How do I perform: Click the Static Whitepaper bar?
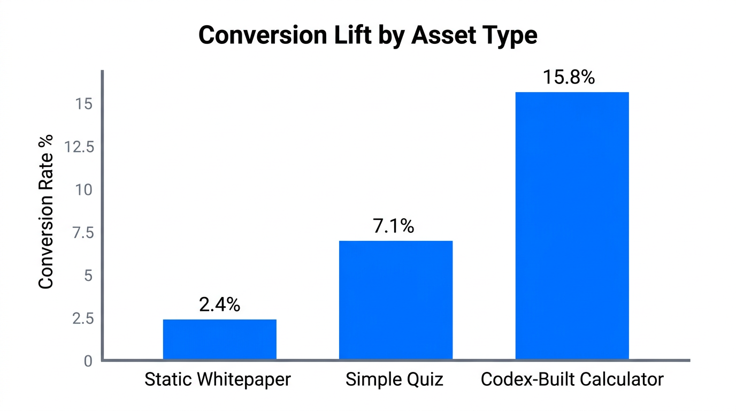[219, 339]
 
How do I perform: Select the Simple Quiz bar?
[396, 300]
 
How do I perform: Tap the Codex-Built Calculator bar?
[572, 226]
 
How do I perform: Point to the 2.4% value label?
[219, 305]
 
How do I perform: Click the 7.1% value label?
[393, 226]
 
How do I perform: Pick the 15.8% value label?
[569, 78]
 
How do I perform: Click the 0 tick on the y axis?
[88, 361]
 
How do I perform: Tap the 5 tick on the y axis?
[88, 276]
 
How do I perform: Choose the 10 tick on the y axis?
[84, 190]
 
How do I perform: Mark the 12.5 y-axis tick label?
[79, 147]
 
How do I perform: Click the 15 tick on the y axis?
[84, 104]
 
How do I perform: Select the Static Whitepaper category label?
[218, 380]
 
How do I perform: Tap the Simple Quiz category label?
[395, 380]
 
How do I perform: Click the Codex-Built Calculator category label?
[572, 380]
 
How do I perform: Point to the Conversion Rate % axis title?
[47, 212]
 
